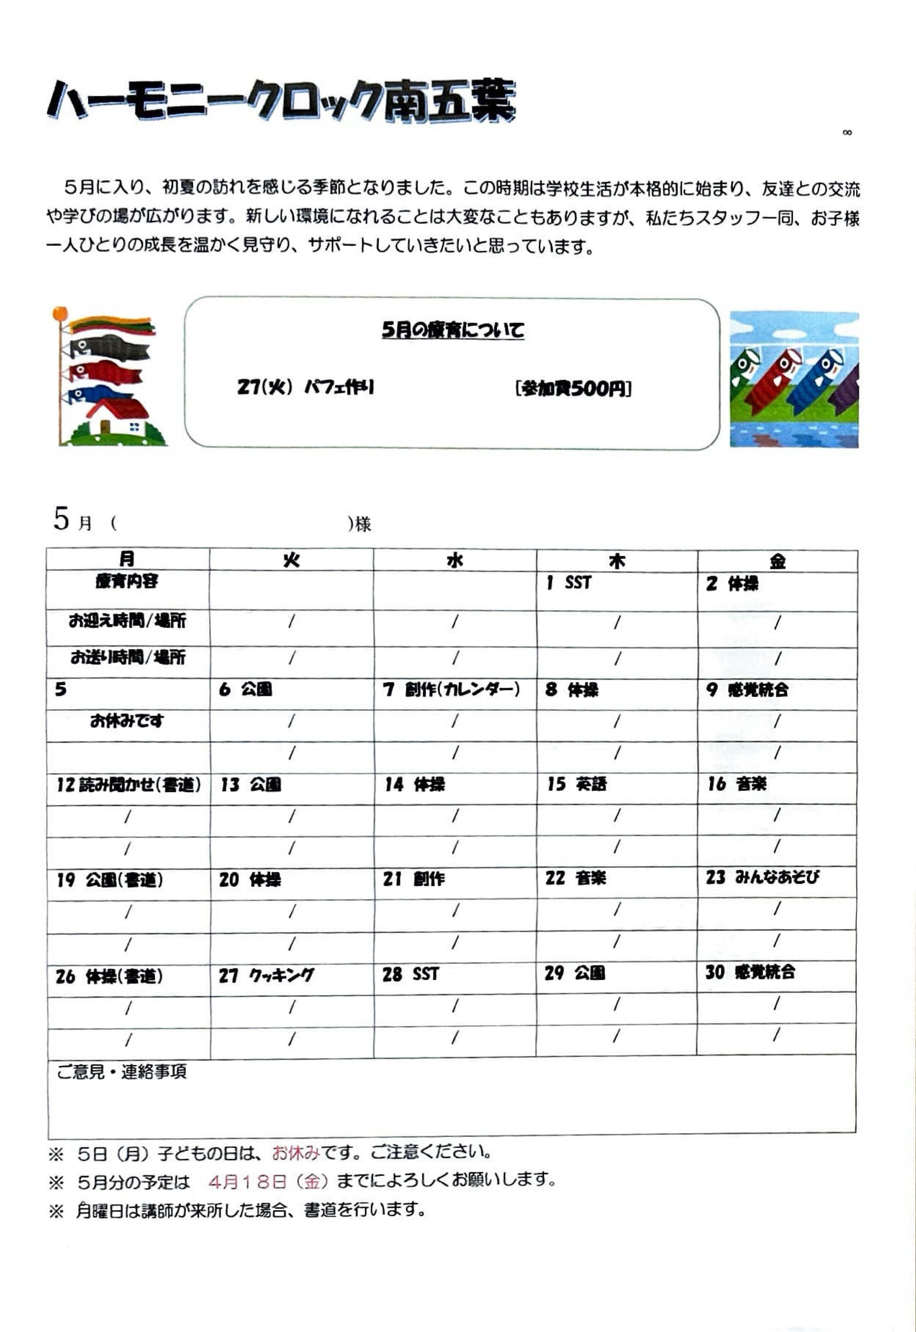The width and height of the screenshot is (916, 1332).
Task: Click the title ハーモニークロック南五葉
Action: point(281,102)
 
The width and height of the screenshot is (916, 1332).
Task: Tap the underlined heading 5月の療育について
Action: point(453,330)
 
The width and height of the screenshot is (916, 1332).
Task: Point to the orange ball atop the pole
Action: point(60,313)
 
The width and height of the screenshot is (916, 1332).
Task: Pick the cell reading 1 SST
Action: point(568,583)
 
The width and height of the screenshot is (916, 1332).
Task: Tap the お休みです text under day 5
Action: point(127,720)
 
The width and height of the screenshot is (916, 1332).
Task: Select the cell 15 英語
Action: point(576,784)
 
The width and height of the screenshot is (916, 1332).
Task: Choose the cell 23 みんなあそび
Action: point(762,877)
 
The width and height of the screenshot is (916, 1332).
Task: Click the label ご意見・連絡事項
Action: point(122,1072)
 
